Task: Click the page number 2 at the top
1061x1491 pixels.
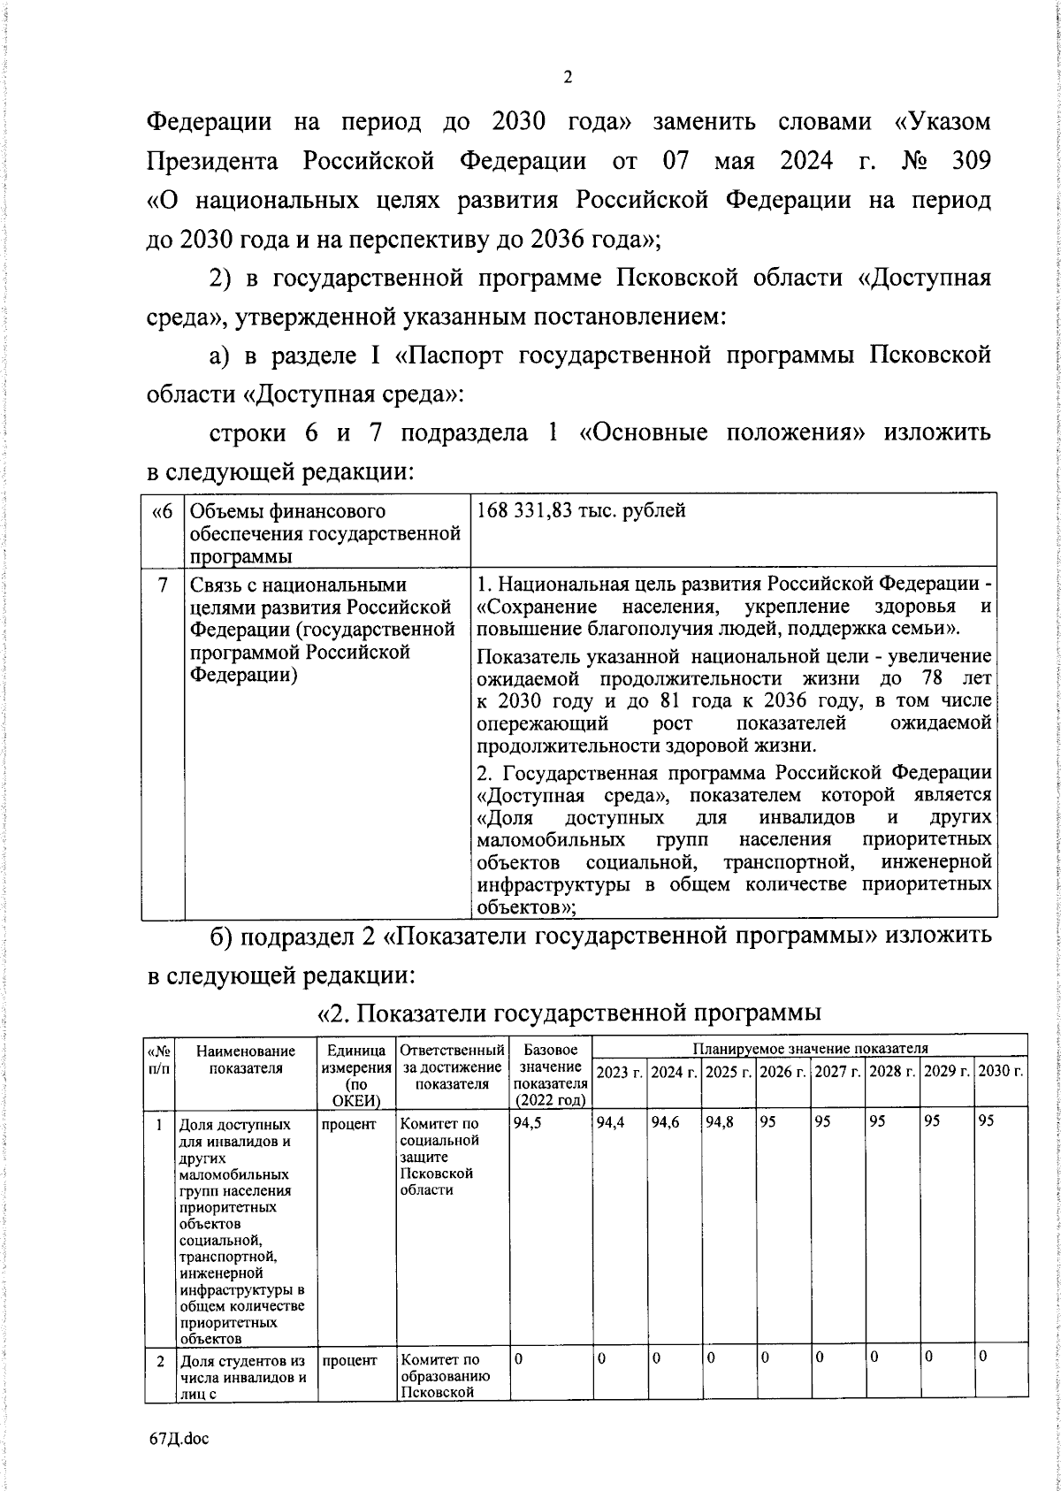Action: [568, 78]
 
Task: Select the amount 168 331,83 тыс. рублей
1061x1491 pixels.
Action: [581, 511]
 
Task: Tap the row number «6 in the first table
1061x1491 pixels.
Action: [164, 511]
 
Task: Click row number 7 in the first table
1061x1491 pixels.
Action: [164, 585]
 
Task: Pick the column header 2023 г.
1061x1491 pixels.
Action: [619, 1072]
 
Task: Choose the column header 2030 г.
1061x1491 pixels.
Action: [1001, 1072]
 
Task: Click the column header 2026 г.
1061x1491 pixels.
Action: [783, 1072]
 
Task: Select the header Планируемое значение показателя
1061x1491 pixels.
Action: [810, 1048]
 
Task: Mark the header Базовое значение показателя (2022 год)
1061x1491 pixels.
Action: [550, 1075]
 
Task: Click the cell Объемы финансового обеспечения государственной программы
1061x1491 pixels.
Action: [325, 533]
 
